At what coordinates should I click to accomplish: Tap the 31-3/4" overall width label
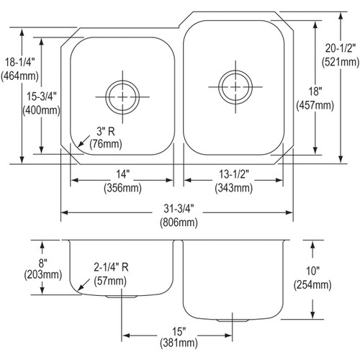[x=176, y=210]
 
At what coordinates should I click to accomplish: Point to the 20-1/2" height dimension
[x=342, y=49]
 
